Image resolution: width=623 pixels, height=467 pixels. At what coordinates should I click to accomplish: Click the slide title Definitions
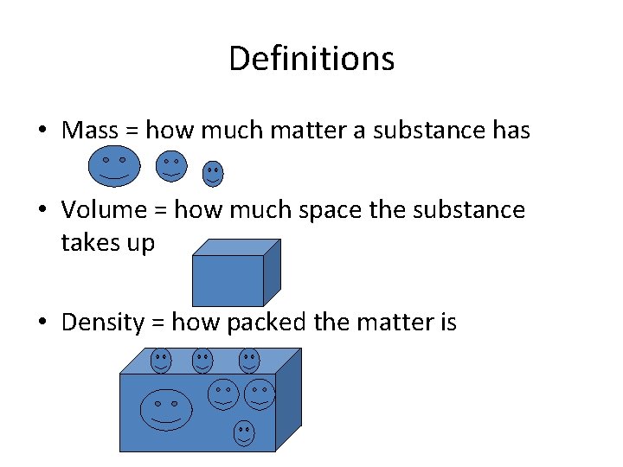[x=311, y=59]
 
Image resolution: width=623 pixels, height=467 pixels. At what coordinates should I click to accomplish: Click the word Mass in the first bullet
[x=90, y=131]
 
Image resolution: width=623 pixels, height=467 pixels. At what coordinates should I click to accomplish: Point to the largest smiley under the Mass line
[x=113, y=166]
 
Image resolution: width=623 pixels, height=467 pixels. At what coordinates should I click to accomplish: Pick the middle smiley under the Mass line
[x=171, y=165]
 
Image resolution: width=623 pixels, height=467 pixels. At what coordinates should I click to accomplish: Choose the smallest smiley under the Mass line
[x=213, y=174]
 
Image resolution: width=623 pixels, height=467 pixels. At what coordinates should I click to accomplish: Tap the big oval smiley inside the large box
[x=166, y=409]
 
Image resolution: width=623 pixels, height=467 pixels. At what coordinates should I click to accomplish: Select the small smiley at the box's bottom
[x=244, y=433]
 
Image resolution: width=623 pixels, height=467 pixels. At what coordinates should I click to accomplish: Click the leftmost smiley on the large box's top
[x=161, y=360]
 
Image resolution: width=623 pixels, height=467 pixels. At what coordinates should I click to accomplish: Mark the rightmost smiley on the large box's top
[x=249, y=360]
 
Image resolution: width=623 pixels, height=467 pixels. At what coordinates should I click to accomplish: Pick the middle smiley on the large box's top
[x=202, y=360]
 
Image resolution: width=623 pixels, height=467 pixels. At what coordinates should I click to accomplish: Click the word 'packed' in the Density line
[x=267, y=323]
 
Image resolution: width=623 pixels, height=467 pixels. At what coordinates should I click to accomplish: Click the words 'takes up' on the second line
[x=107, y=243]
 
